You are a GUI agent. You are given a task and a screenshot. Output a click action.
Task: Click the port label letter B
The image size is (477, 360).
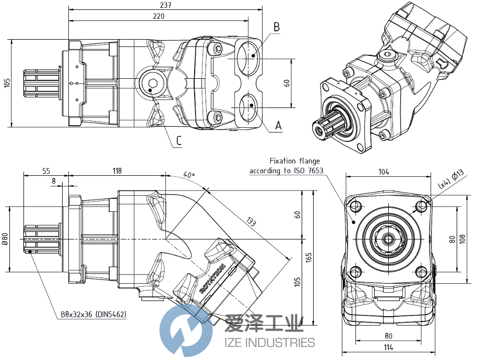coord(277,26)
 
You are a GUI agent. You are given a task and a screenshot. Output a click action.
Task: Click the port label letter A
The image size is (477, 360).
coord(278,125)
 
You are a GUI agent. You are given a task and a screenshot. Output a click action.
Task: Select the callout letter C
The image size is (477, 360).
coord(179,140)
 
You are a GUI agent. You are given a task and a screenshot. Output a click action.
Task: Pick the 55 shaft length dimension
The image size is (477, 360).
coord(45,171)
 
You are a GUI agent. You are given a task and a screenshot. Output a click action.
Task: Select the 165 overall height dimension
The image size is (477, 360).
coord(308,257)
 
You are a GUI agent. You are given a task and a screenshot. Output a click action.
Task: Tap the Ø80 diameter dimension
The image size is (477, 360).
coord(5,238)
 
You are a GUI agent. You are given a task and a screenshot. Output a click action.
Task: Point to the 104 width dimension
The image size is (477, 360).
coord(384,172)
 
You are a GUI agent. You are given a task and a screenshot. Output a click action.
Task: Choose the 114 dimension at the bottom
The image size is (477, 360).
coord(389,348)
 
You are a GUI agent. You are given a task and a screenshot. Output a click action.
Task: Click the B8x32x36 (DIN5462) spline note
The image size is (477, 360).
coord(93,314)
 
